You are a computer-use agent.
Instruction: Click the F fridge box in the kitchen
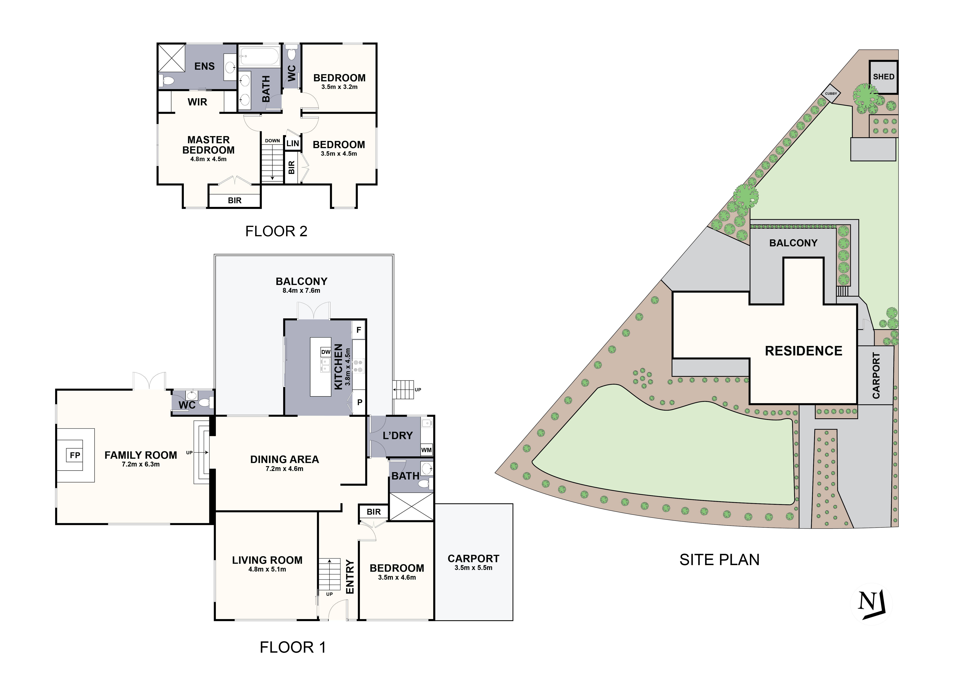359,330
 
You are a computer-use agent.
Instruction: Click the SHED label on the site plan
883,77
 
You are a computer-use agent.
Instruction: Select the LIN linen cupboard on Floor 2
292,143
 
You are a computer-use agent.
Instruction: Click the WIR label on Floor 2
197,102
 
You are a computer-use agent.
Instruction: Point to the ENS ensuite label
204,66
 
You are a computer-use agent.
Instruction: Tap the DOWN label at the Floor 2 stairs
272,141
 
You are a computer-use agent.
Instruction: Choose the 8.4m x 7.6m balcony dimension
301,291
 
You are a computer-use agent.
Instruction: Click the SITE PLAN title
719,560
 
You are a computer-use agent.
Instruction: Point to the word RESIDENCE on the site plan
803,351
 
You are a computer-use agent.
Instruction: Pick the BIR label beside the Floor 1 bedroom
373,512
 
